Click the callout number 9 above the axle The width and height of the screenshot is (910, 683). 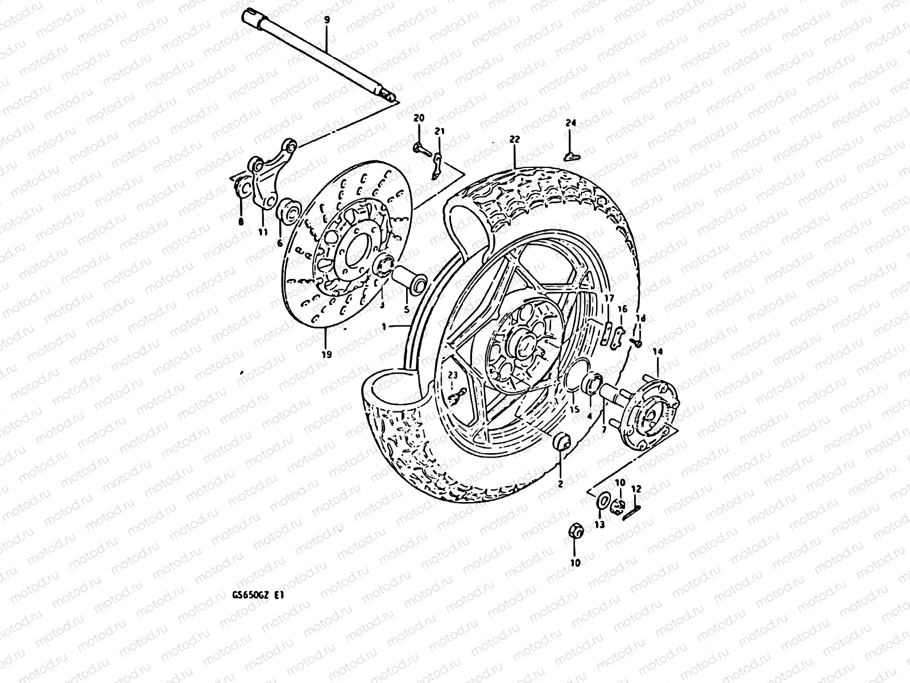tap(326, 20)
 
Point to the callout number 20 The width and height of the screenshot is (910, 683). tap(419, 118)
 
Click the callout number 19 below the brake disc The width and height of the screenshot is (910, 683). tap(326, 354)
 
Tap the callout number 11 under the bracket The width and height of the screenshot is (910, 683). tap(262, 232)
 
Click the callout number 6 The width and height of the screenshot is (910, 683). tap(280, 242)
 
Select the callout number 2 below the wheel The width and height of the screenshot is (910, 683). tap(560, 484)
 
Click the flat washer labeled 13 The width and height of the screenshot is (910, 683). tap(601, 501)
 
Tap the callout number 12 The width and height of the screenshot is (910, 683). tap(636, 488)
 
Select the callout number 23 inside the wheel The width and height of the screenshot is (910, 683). tap(452, 375)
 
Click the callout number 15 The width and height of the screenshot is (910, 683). tap(574, 409)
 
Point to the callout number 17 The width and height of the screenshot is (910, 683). tap(608, 298)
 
